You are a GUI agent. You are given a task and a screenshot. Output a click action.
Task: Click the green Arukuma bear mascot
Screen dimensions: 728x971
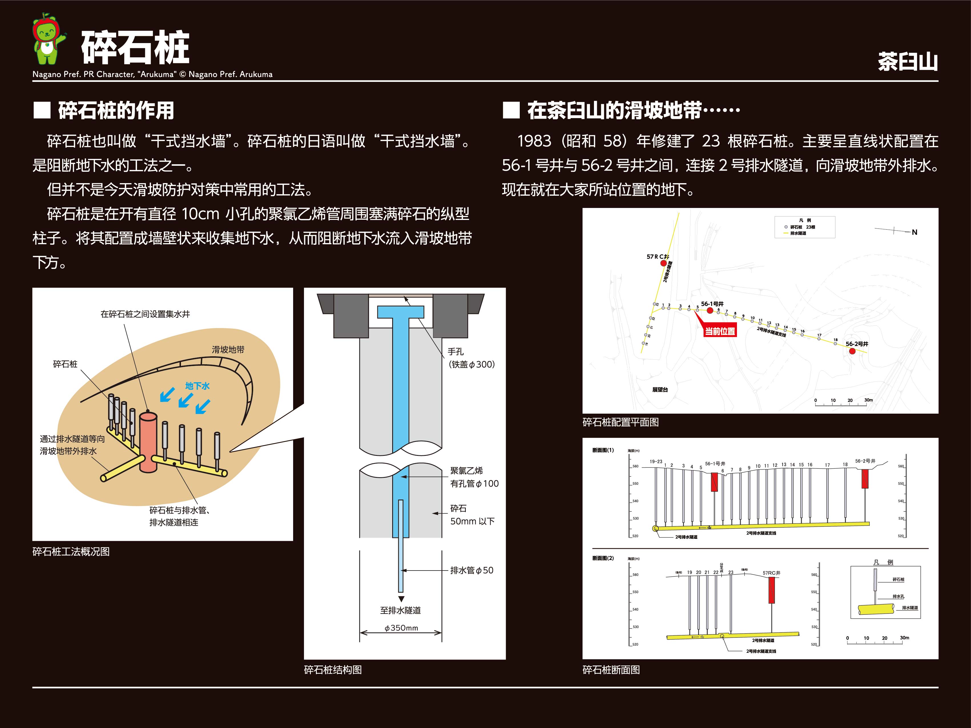47,41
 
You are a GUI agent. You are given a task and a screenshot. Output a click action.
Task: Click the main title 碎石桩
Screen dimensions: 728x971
135,47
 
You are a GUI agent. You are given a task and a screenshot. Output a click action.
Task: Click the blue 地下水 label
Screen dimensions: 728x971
197,386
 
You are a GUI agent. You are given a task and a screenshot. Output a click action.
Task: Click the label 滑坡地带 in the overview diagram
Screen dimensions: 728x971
228,350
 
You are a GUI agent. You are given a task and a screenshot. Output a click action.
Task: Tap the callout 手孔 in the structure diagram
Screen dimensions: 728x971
456,351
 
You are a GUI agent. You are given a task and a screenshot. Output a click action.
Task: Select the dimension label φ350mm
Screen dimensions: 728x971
401,628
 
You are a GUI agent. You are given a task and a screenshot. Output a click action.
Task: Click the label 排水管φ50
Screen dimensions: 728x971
472,571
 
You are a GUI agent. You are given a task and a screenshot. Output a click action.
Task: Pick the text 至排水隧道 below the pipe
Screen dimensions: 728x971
400,610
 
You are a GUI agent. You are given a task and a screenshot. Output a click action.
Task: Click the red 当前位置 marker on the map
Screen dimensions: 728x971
720,331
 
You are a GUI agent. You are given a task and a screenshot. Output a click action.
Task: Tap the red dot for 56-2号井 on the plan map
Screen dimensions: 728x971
852,351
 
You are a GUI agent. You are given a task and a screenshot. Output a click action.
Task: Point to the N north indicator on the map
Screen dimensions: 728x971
914,232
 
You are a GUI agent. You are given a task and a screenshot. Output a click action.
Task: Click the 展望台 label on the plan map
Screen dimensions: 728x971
660,390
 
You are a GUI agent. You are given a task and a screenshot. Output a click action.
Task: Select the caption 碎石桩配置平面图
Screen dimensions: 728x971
620,422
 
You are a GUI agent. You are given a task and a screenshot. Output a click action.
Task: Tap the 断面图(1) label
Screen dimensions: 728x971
603,450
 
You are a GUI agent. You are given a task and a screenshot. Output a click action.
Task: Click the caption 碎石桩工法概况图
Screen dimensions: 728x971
71,552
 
